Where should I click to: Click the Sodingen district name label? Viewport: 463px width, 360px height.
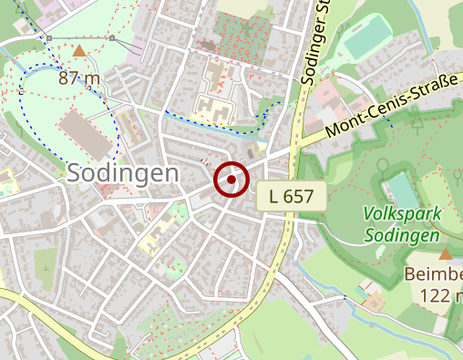[x=121, y=173]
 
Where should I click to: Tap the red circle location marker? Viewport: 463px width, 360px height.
[x=231, y=180]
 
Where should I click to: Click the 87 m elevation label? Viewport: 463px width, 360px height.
[x=79, y=77]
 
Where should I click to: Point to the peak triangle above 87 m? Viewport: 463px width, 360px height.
[x=79, y=52]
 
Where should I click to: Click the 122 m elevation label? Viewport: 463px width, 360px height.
[x=442, y=294]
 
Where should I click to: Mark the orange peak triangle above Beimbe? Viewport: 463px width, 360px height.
[x=446, y=254]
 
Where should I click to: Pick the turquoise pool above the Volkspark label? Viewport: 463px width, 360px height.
[x=402, y=189]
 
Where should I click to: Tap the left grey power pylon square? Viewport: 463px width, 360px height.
[x=48, y=38]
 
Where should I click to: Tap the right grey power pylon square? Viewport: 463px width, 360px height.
[x=111, y=38]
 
